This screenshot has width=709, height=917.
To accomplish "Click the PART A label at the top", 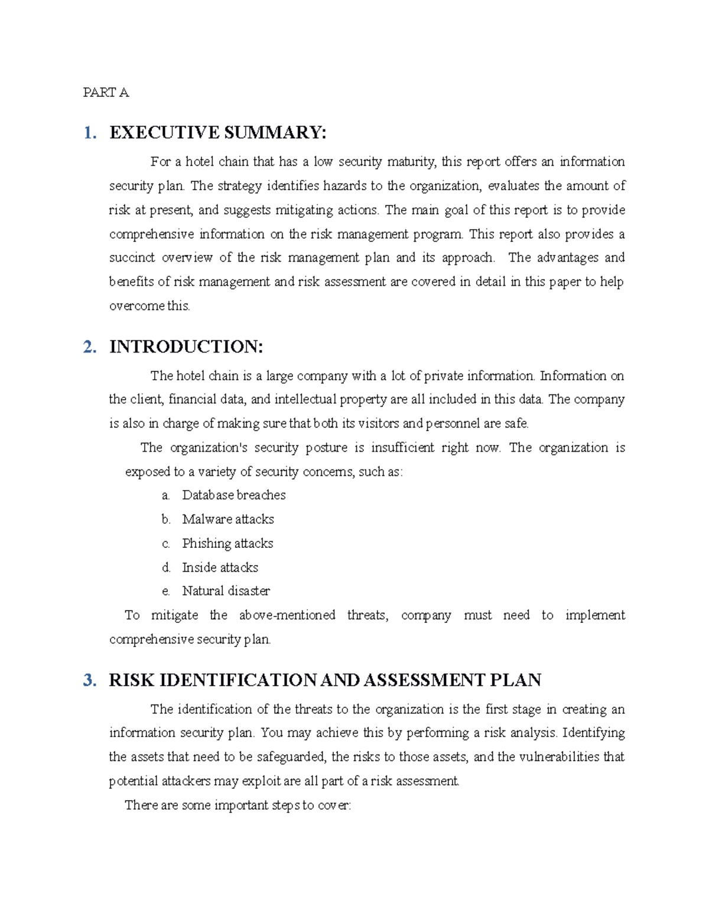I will (106, 93).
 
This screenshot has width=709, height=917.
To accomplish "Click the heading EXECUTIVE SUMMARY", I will (217, 132).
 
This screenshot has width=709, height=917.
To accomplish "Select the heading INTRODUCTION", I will (186, 347).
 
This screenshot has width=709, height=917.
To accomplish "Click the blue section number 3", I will (89, 680).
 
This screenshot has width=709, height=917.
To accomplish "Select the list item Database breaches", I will (233, 495).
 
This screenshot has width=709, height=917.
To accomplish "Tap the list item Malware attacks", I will (227, 520).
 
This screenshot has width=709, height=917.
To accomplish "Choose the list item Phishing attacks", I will (227, 543).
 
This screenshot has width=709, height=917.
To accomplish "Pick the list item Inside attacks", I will (220, 567).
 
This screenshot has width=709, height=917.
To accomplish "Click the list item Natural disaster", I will (226, 591).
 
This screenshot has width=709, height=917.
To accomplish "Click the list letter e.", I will (165, 592).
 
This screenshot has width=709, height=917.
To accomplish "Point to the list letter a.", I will (165, 496).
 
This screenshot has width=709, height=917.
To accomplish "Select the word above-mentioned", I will (287, 615).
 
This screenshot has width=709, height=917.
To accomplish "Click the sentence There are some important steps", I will (238, 805).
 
